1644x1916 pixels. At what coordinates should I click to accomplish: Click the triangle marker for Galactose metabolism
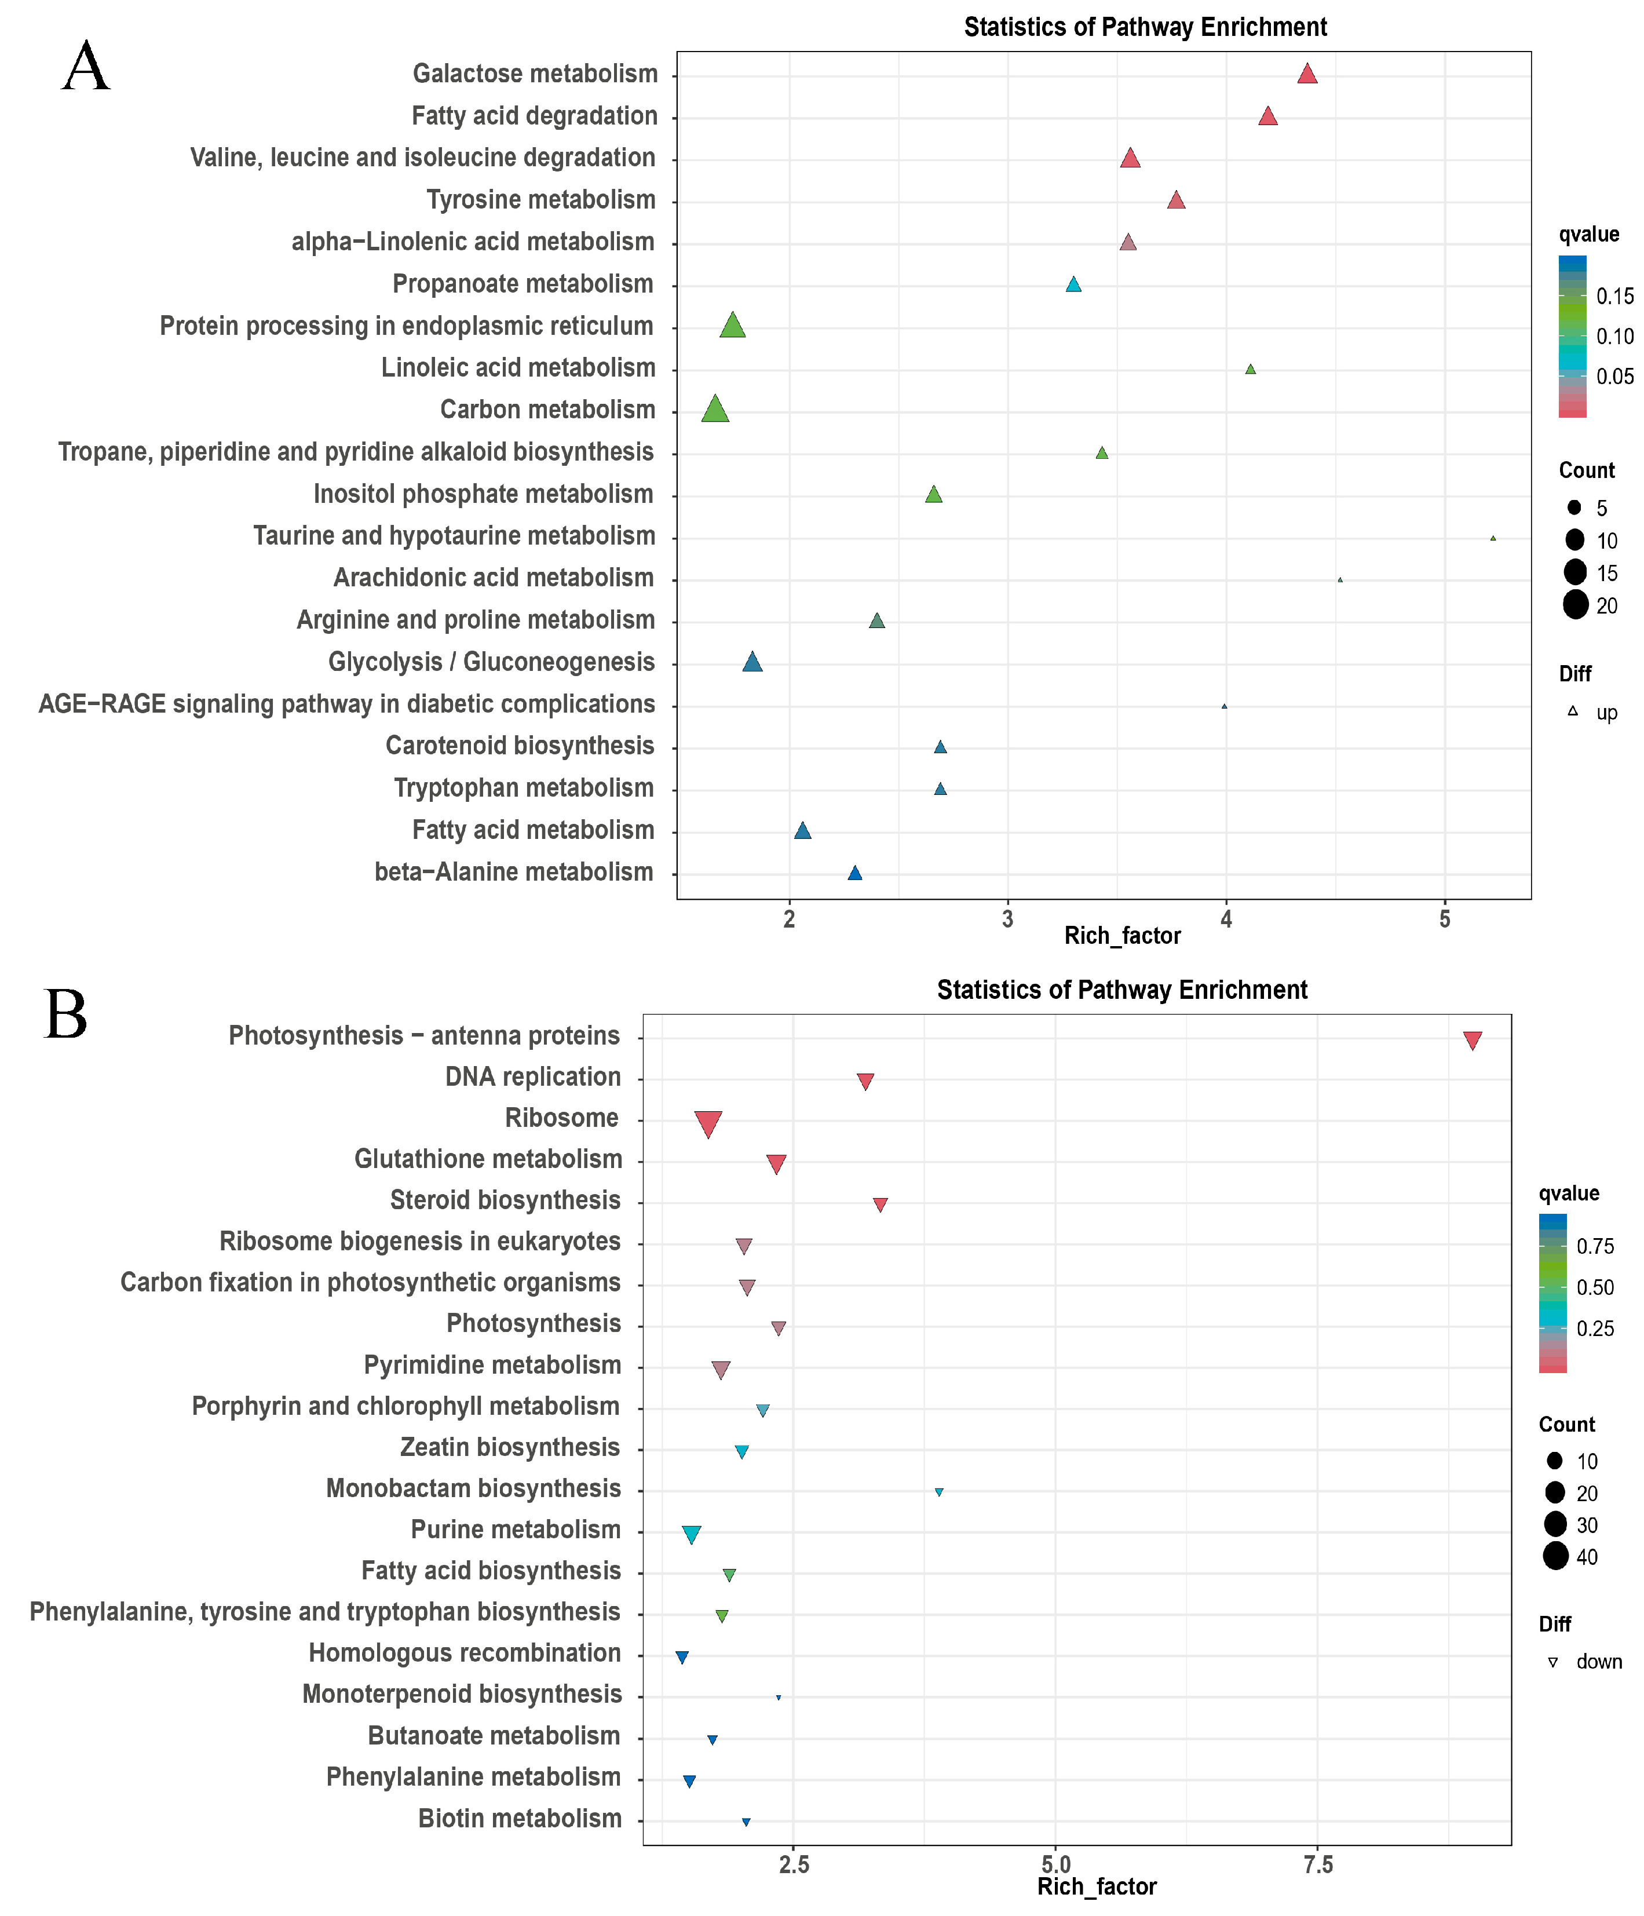[x=1306, y=74]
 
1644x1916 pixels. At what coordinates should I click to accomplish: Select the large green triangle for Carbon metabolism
[x=715, y=410]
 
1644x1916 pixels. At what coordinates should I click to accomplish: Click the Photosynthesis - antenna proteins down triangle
[x=1472, y=1041]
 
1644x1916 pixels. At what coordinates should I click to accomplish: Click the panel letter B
[x=65, y=1014]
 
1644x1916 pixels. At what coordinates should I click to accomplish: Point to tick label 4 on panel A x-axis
[x=1226, y=919]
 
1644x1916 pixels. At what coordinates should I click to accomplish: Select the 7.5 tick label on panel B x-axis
[x=1318, y=1865]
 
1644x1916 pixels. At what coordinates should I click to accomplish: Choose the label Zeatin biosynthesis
[x=509, y=1447]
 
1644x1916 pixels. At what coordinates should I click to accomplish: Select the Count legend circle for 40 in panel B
[x=1555, y=1556]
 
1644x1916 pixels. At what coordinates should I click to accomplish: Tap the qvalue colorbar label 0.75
[x=1595, y=1246]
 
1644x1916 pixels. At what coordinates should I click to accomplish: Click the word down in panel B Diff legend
[x=1599, y=1662]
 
